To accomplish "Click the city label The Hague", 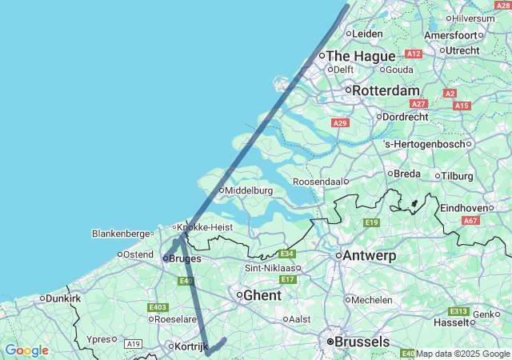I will [360, 56].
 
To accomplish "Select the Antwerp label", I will [370, 256].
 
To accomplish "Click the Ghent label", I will [262, 295].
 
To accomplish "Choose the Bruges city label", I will [185, 258].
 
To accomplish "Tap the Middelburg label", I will [249, 190].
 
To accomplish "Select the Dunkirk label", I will [64, 298].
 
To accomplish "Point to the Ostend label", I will [138, 254].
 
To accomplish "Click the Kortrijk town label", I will [191, 346].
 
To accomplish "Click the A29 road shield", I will [340, 122].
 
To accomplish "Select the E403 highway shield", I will [158, 307].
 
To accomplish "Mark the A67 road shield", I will [470, 221].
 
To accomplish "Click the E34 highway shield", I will [288, 254].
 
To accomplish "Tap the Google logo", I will [26, 350].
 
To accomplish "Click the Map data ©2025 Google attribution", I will [462, 354].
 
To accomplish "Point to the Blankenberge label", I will [121, 234].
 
